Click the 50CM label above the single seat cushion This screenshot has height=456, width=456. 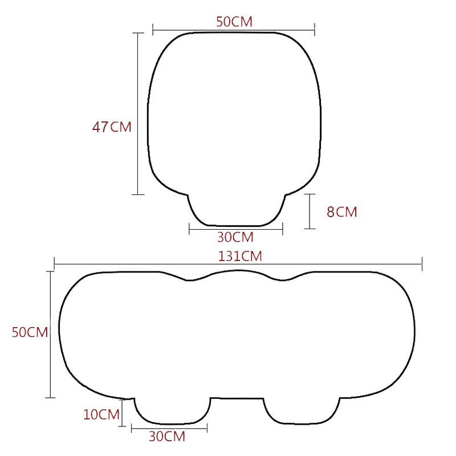234,22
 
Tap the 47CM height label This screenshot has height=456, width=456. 112,127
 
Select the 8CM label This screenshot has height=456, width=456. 341,212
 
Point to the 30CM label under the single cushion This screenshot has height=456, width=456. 235,237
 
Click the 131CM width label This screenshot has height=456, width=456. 240,256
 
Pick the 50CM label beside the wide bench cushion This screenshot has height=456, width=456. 30,332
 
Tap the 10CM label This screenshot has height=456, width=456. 101,414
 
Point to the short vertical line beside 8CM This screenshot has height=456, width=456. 310,211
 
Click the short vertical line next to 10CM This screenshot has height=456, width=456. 123,414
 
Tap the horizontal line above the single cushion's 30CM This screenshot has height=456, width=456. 236,230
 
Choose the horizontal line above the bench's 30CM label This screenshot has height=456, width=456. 169,427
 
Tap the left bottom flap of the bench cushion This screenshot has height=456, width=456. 172,411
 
